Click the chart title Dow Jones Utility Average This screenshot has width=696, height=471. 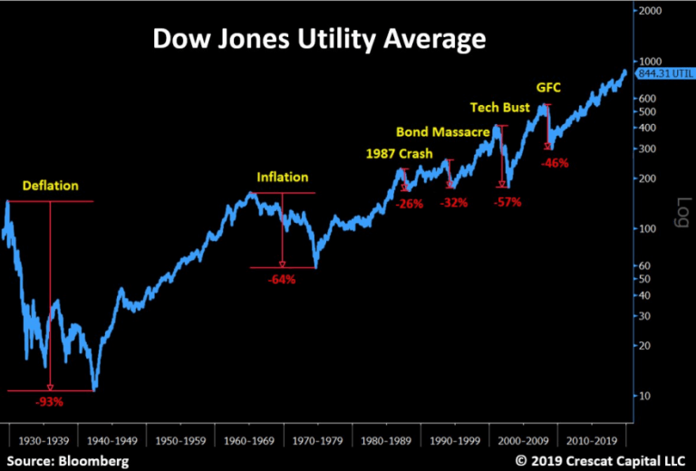pyautogui.click(x=318, y=40)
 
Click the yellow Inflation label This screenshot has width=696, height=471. pyautogui.click(x=283, y=178)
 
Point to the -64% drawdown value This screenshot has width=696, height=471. pyautogui.click(x=281, y=279)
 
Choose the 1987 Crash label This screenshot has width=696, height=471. pyautogui.click(x=399, y=152)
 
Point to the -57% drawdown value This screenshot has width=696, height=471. pyautogui.click(x=507, y=202)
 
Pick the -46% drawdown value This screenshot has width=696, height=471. pyautogui.click(x=554, y=163)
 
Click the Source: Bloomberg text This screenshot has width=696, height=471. pyautogui.click(x=65, y=461)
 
